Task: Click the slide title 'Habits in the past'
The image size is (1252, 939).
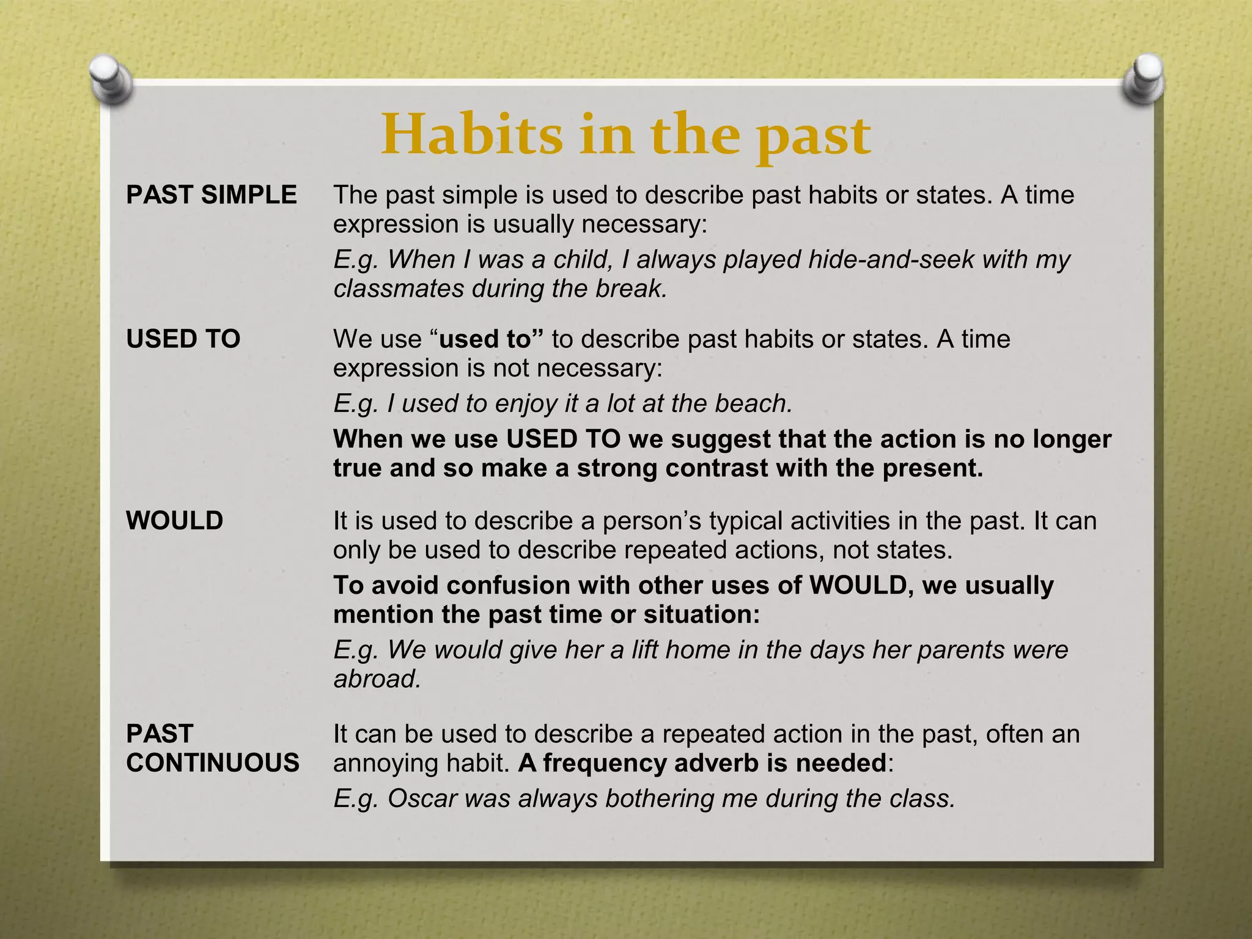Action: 625,136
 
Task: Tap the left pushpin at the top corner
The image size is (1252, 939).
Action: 111,78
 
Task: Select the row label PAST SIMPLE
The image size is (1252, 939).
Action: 212,195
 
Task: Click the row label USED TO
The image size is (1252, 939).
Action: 183,339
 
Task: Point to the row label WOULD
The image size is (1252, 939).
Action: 175,521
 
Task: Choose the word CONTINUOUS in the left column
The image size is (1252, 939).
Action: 213,763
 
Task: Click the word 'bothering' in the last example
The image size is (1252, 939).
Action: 660,798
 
